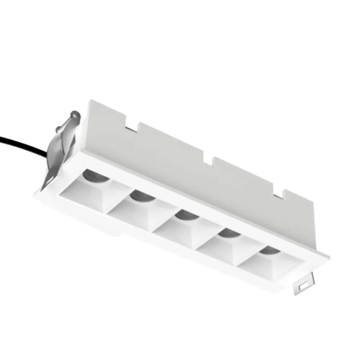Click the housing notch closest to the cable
131,124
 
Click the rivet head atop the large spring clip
75,114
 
